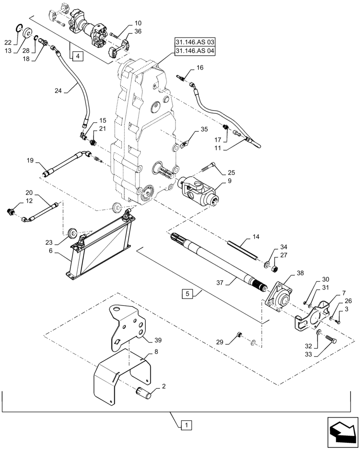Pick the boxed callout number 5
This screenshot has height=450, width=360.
pos(187,294)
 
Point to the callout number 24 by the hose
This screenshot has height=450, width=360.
pos(58,90)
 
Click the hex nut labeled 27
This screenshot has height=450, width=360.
pos(273,269)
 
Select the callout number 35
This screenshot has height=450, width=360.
pos(204,130)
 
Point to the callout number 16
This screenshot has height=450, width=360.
pos(200,68)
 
